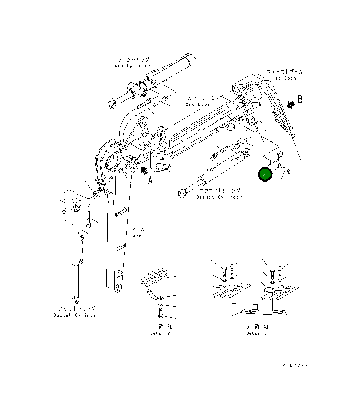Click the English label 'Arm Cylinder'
point(133,66)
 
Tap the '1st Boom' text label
point(284,78)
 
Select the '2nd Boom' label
point(198,104)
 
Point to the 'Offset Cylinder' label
point(219,197)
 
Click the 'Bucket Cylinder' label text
point(76,315)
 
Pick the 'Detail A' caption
point(160,333)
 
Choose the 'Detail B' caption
point(256,333)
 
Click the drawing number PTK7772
point(295,366)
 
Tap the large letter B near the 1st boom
point(300,99)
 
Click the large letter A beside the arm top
point(150,180)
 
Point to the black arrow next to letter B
point(291,104)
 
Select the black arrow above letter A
point(144,171)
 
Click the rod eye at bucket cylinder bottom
point(76,300)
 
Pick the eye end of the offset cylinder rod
point(182,193)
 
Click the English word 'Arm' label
point(137,236)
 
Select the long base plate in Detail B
point(265,312)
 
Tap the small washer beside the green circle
point(279,166)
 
